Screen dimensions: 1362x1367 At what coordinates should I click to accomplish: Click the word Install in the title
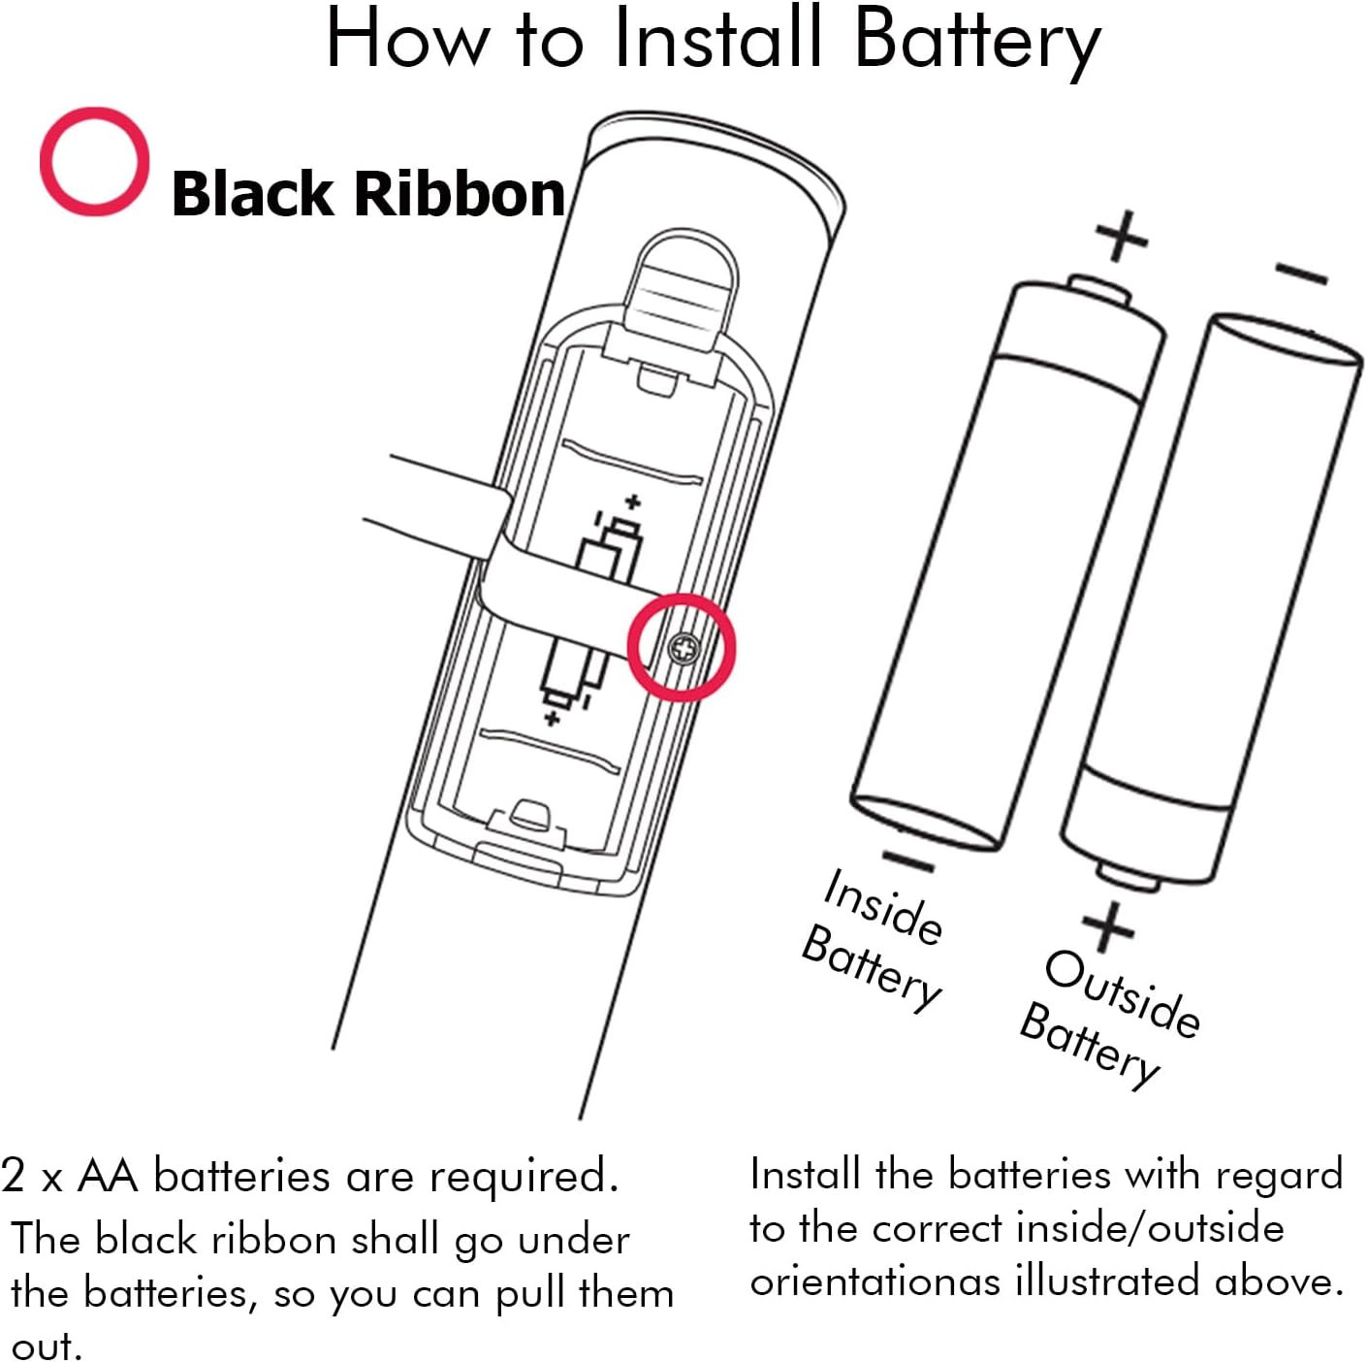point(717,39)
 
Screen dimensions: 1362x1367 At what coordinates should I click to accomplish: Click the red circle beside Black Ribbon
point(94,161)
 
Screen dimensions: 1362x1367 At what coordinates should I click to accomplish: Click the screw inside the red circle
point(683,648)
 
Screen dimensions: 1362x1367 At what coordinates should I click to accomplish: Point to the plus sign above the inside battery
point(1122,235)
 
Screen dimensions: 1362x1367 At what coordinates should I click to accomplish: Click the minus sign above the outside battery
point(1301,275)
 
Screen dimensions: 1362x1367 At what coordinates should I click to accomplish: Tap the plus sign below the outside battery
point(1108,925)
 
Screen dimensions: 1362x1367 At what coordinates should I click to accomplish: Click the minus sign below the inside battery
point(908,859)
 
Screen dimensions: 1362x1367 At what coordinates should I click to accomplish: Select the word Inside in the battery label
point(882,907)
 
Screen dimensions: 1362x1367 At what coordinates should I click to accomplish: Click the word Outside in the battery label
point(1123,992)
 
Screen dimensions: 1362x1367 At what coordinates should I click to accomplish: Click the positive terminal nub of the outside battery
point(1130,876)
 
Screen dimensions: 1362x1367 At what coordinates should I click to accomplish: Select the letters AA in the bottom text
point(107,1176)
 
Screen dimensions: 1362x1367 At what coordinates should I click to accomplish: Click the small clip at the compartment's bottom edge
point(529,815)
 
